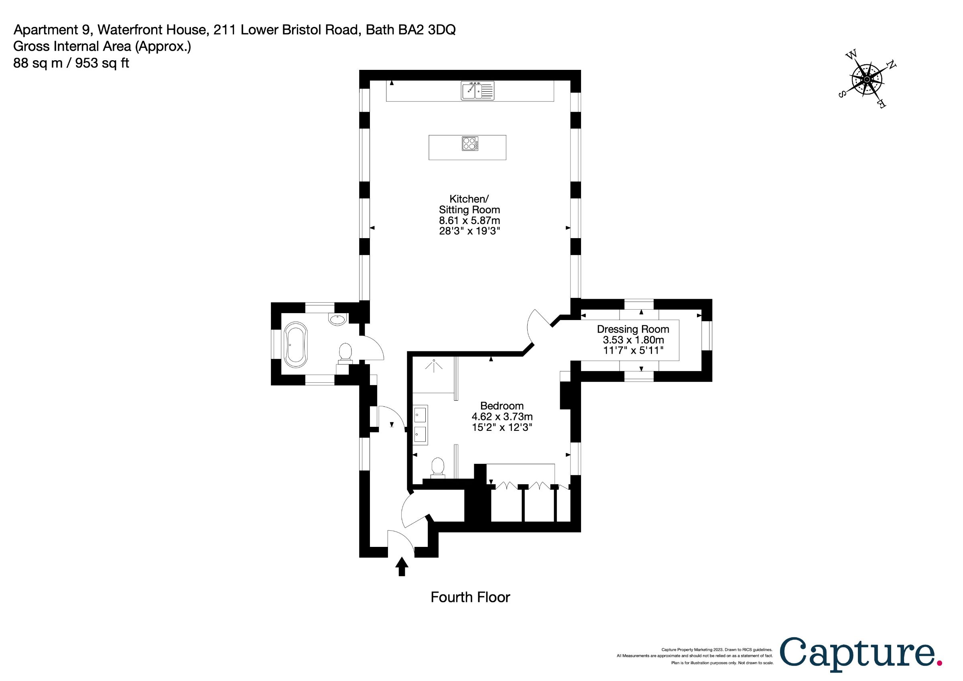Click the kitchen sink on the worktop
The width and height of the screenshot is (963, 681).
point(478,91)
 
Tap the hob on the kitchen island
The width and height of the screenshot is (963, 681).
point(470,143)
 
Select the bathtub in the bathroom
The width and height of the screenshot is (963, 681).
point(296,345)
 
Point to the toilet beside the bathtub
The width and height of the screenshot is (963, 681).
point(345,353)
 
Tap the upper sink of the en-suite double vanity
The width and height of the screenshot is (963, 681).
point(420,416)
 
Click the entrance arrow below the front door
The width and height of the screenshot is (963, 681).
point(402,567)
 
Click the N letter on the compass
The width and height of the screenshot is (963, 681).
point(891,65)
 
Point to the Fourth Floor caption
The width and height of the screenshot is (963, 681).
point(470,597)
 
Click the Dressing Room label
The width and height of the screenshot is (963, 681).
point(633,329)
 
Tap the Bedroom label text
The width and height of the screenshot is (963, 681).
point(502,406)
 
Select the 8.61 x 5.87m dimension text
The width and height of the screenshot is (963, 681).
point(469,220)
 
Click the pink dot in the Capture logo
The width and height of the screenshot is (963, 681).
point(939,663)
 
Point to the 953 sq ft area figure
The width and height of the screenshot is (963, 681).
point(102,63)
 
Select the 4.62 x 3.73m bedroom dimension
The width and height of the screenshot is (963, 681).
point(502,417)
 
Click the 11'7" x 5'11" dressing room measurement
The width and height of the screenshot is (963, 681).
point(633,350)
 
